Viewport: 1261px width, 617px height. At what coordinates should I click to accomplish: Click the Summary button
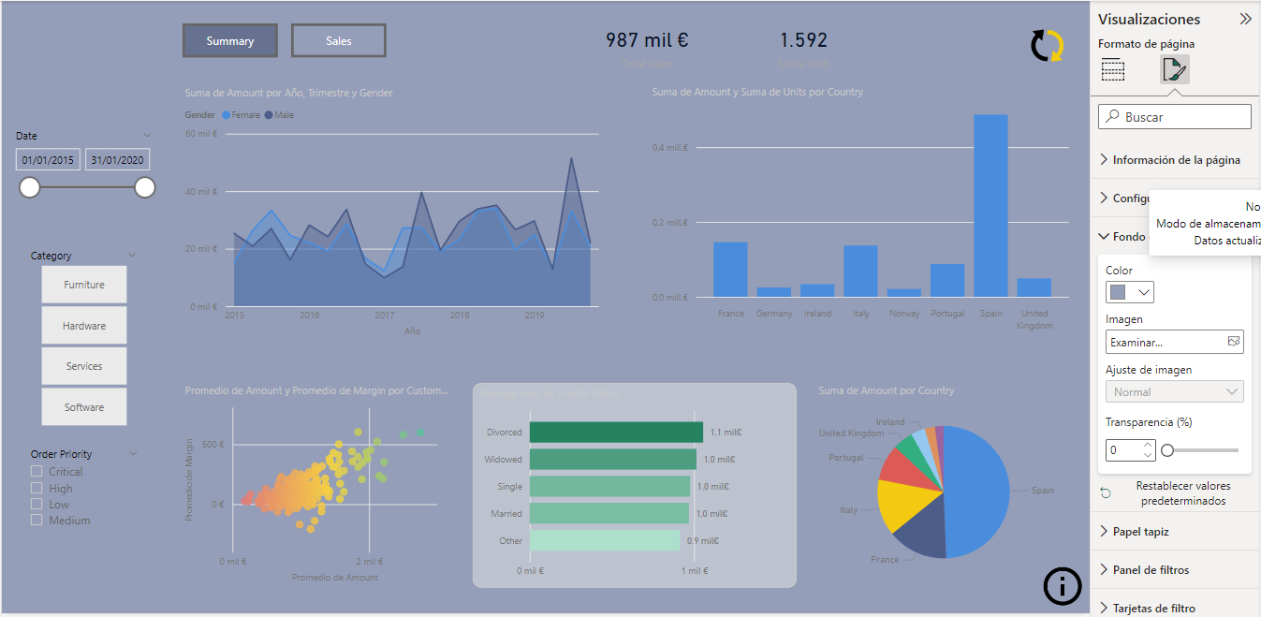tap(230, 41)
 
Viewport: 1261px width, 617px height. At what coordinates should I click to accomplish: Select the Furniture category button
tap(84, 285)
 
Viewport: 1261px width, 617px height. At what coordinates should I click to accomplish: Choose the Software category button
tap(84, 407)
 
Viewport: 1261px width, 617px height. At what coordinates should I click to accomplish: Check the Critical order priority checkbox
tap(37, 472)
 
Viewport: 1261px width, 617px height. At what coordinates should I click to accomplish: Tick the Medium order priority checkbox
tap(37, 521)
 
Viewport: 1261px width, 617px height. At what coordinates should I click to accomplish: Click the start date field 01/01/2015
tap(48, 160)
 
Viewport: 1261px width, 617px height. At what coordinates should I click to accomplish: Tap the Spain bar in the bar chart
tap(990, 206)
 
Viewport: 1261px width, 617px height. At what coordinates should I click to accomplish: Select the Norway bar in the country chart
tap(903, 292)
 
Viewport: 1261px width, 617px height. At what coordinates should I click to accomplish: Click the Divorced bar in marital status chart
tap(616, 433)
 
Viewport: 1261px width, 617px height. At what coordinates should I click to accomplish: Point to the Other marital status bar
tap(604, 540)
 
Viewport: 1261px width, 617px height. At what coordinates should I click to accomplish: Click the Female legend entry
tap(241, 115)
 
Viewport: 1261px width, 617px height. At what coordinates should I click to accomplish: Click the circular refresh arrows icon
tap(1047, 46)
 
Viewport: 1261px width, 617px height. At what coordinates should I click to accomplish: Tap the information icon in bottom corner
tap(1062, 586)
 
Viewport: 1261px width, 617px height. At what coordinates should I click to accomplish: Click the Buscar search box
tap(1175, 117)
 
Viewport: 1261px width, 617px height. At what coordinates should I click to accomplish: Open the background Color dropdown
tap(1129, 292)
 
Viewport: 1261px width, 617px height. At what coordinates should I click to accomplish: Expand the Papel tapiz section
tap(1140, 532)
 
